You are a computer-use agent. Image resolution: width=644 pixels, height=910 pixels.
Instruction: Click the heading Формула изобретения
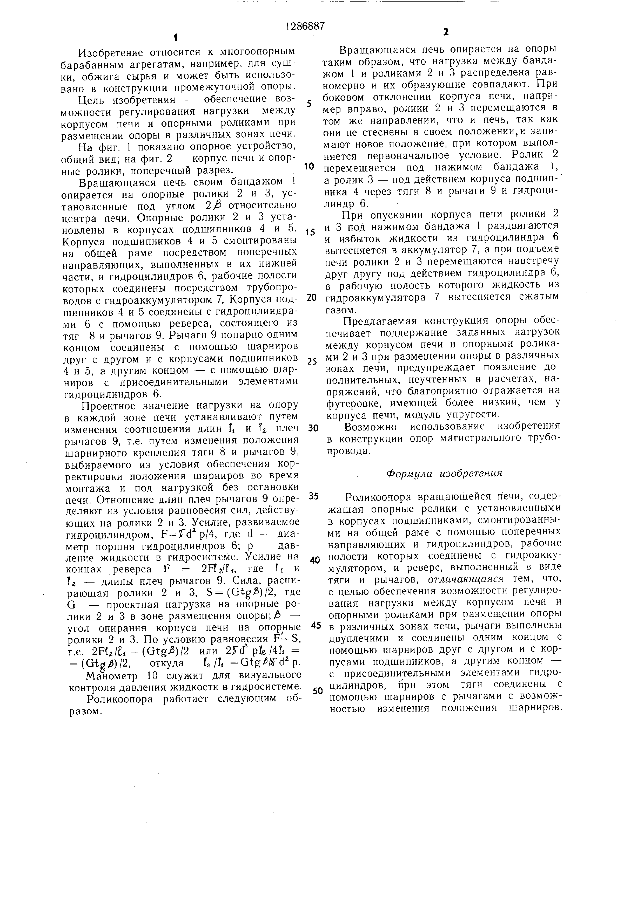click(x=444, y=474)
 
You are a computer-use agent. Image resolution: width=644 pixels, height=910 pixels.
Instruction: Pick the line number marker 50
click(x=318, y=690)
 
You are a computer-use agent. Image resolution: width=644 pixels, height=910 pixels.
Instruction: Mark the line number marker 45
click(x=316, y=625)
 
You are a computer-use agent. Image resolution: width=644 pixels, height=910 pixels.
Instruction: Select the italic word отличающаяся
click(x=466, y=579)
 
